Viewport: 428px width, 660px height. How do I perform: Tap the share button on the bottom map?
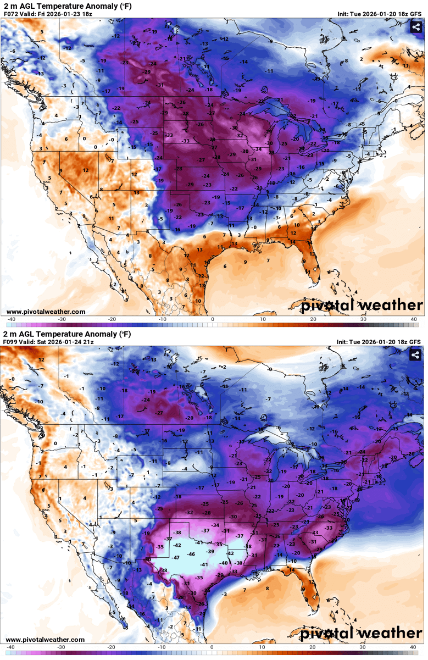point(416,356)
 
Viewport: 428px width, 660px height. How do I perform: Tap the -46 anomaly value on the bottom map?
point(191,554)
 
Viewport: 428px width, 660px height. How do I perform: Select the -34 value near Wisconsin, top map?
point(258,149)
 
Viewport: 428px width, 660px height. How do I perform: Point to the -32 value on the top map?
point(240,135)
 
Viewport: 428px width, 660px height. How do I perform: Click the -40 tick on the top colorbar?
point(11,319)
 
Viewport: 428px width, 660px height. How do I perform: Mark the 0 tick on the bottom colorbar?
point(212,647)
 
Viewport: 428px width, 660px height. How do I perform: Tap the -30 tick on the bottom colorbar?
point(62,647)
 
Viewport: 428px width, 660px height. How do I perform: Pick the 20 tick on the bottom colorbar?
point(313,647)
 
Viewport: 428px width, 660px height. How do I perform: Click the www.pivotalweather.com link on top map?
point(46,312)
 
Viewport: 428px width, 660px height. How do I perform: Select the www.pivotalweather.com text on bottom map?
point(46,639)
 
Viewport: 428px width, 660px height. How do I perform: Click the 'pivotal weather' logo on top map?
point(362,305)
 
